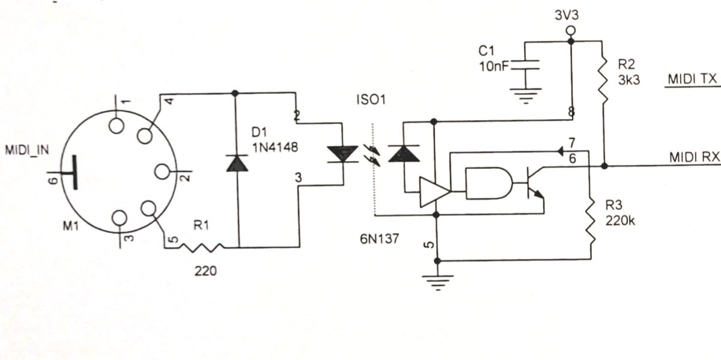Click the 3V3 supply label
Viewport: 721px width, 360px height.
point(567,16)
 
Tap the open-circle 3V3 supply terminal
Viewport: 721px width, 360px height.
point(571,31)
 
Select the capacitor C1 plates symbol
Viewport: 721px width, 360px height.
point(525,65)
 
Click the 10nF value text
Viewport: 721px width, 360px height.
point(494,67)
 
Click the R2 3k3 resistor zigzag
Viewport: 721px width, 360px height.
point(603,80)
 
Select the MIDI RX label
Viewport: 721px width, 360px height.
point(695,157)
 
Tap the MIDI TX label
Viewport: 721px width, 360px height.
point(692,79)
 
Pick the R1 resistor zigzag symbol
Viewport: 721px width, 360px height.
point(201,248)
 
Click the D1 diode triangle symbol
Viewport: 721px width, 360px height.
point(237,163)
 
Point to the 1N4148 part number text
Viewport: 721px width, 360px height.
point(275,148)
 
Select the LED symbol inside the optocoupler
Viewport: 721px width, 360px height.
point(342,154)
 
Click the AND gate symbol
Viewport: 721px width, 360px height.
point(488,183)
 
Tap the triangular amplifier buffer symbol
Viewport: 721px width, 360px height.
point(434,192)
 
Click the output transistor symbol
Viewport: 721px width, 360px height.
point(534,184)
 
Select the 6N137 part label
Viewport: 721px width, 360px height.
point(379,239)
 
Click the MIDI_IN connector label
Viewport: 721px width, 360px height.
point(27,150)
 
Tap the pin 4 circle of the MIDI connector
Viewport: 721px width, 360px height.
point(145,136)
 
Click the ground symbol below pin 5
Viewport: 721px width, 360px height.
point(437,282)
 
